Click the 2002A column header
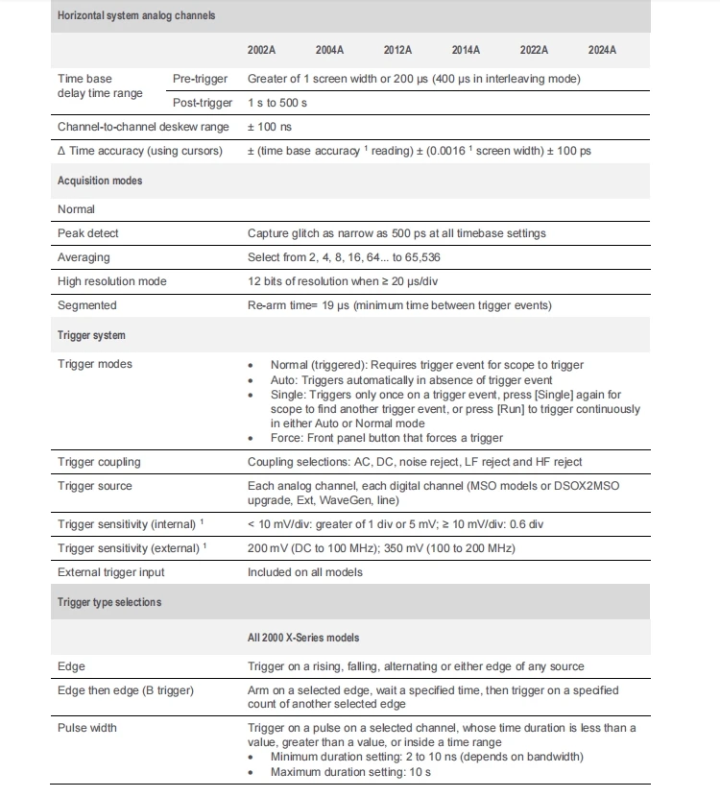262,50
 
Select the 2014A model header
467,50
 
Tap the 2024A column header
602,50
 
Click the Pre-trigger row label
199,79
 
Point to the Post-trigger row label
202,103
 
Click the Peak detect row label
88,233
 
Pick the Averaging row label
84,257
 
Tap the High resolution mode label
111,281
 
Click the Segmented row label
86,305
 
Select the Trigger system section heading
91,336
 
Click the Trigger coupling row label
98,462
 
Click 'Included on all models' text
304,572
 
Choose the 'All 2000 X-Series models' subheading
303,638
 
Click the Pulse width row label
86,728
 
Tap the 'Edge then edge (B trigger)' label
126,690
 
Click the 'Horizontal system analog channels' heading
136,16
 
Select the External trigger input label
110,572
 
